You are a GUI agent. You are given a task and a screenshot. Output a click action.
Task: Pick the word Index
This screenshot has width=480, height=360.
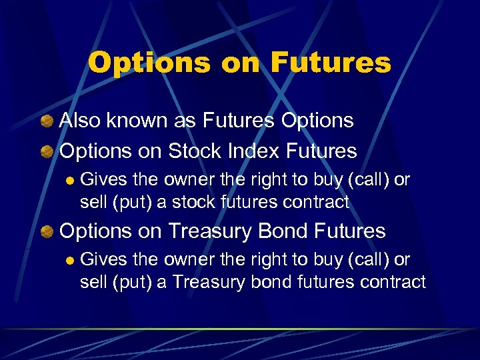254,151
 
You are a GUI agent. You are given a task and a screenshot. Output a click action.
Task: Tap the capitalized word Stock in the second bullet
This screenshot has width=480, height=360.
193,151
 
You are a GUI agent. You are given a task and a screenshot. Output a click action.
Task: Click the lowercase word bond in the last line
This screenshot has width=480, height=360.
269,281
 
